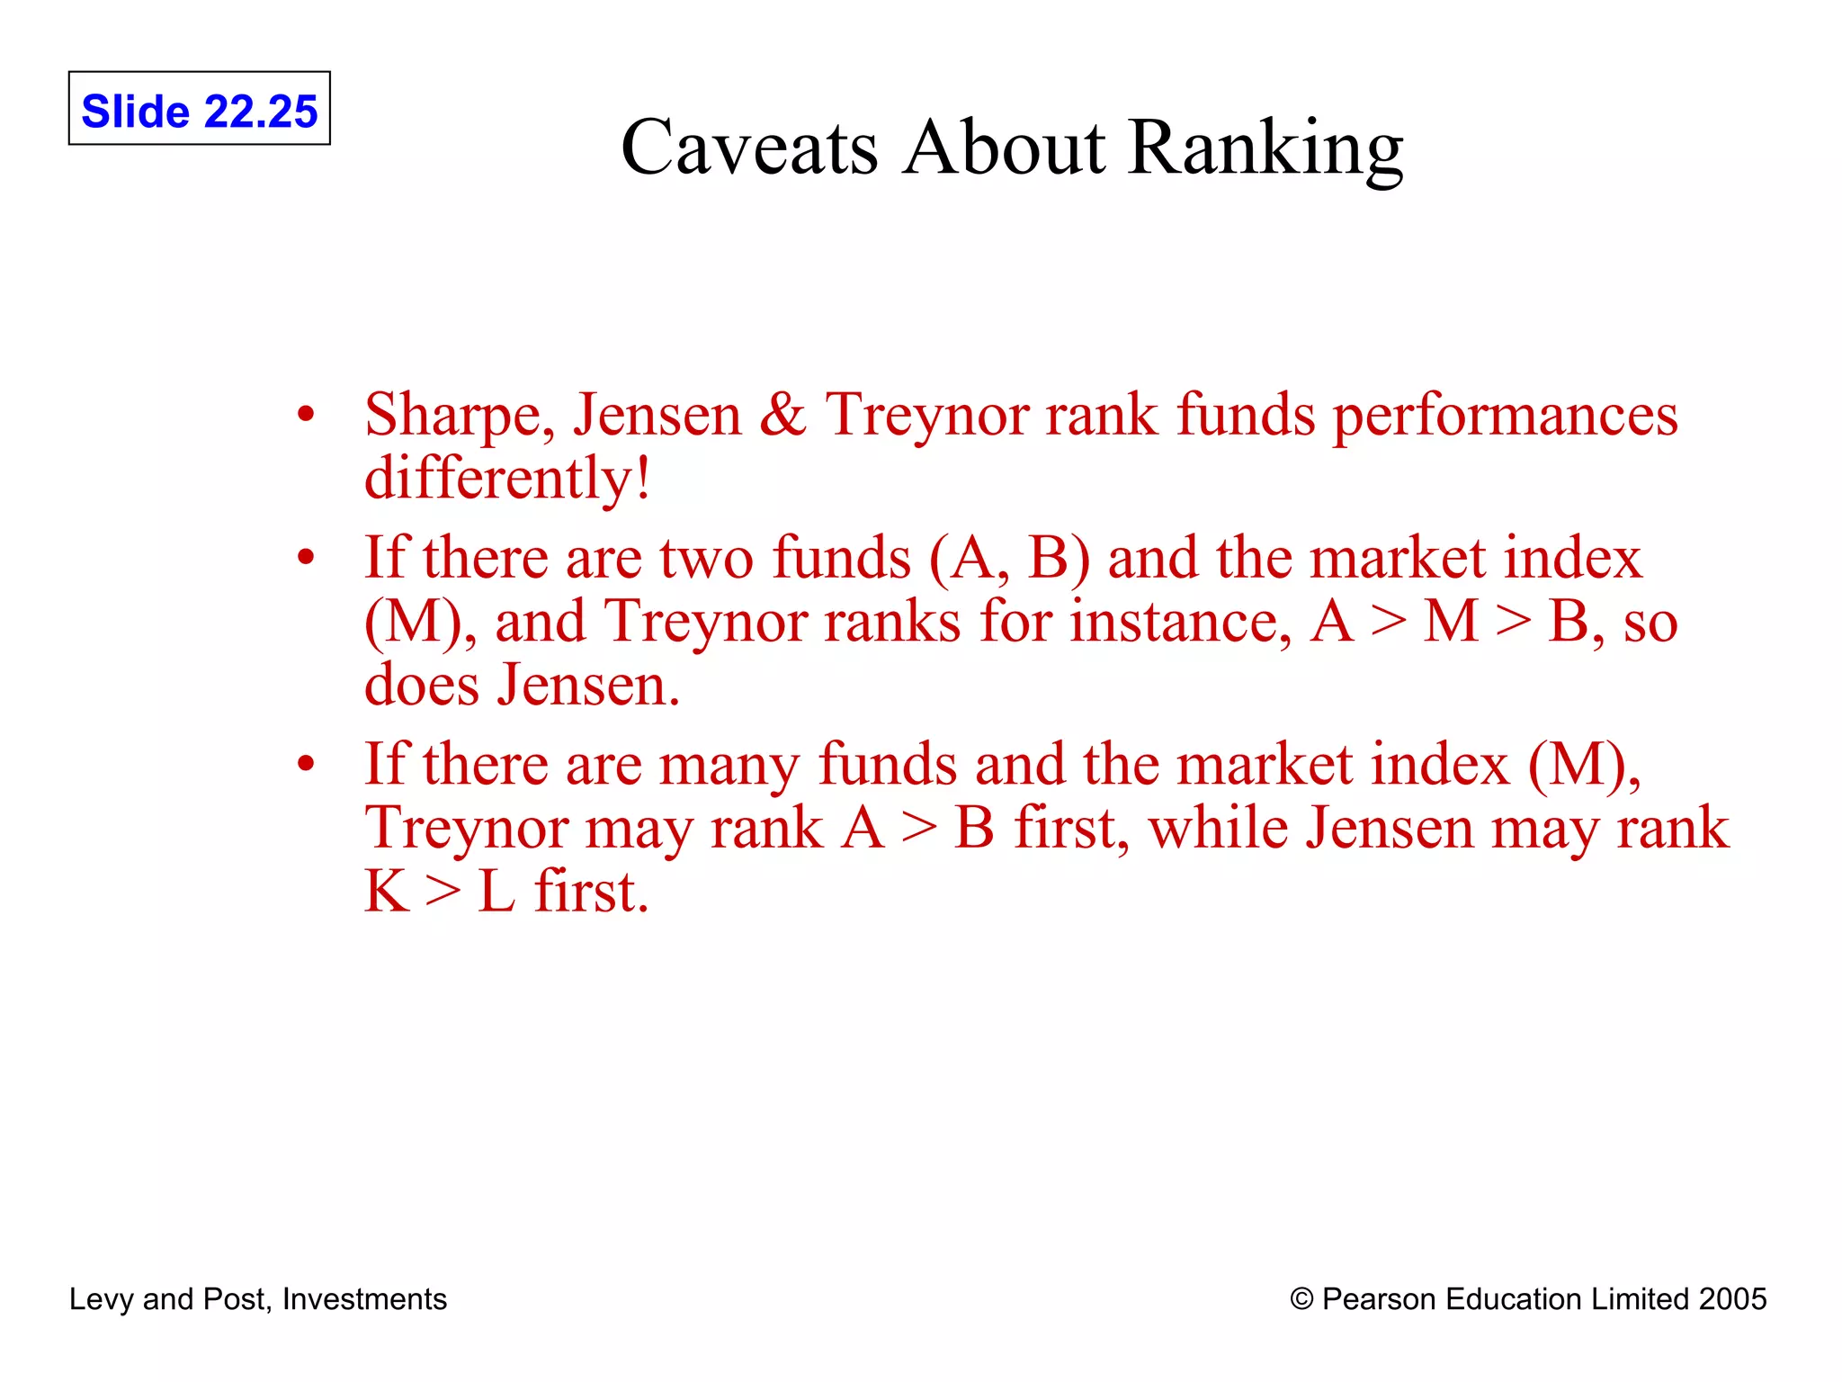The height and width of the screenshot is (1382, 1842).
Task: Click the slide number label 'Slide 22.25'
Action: pos(199,111)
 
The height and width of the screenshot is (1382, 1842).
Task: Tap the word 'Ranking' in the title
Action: pos(1265,148)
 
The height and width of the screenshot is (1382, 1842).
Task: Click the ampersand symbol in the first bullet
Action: pos(782,415)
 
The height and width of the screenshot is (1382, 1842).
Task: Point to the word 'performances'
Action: pos(1505,417)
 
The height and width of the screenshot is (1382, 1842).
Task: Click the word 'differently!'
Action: pos(507,478)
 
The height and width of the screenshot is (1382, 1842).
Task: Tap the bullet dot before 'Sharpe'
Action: pos(307,416)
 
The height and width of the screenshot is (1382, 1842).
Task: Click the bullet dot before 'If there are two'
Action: pos(307,558)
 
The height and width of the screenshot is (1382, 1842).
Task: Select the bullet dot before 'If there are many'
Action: pos(307,764)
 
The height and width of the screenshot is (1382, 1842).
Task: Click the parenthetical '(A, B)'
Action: pos(1009,559)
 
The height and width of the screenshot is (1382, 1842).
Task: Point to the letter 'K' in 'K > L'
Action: pos(387,892)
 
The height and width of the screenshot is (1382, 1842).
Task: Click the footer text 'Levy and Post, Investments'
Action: pos(258,1299)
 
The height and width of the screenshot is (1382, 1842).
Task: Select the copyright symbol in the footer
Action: pos(1301,1299)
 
